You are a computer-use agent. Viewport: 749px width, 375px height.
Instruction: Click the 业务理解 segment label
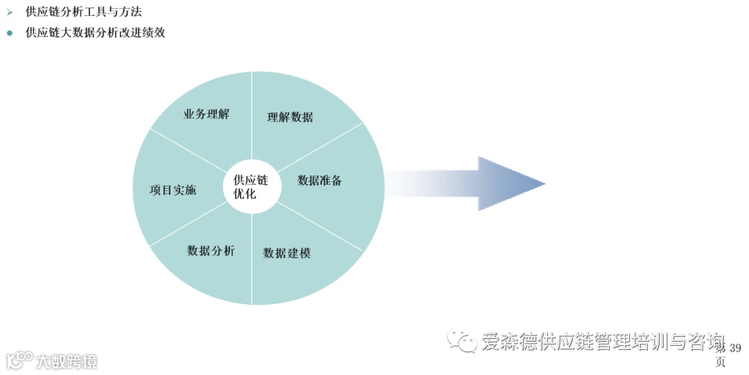(x=206, y=115)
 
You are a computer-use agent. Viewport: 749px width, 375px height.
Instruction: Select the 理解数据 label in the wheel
(x=290, y=117)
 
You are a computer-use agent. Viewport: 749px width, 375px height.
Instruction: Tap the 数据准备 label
(x=320, y=181)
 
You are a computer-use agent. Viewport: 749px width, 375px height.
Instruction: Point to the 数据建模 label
(x=286, y=253)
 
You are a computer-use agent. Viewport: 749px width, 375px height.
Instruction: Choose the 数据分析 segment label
(x=211, y=251)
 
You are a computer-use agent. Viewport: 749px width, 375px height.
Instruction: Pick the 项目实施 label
(x=173, y=190)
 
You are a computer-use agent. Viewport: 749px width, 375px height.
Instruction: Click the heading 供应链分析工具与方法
(x=83, y=12)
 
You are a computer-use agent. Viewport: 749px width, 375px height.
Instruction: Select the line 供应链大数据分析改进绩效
(x=95, y=33)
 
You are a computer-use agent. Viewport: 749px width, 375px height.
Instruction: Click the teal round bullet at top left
(x=10, y=33)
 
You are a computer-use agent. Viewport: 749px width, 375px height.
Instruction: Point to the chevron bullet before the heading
(x=10, y=12)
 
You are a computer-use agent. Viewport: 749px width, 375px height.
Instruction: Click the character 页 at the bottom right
(x=721, y=362)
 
